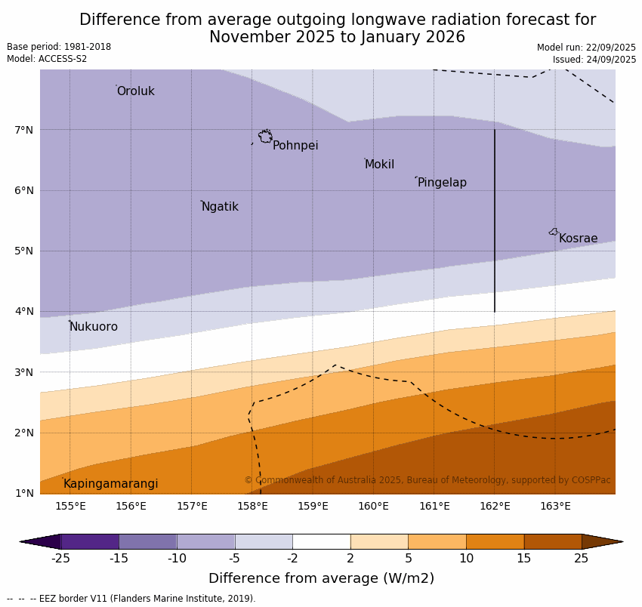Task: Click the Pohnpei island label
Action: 295,146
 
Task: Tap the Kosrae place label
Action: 578,239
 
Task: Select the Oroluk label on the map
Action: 136,91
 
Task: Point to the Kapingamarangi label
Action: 111,484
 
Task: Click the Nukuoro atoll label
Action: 94,327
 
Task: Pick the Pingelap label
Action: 442,183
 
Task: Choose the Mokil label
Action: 379,165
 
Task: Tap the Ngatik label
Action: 220,207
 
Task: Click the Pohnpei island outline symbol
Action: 265,137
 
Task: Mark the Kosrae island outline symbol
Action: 554,232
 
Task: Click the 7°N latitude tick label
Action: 24,130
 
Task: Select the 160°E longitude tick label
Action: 373,506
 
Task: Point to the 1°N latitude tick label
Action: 24,493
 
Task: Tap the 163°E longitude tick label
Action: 555,506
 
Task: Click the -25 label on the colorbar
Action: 60,559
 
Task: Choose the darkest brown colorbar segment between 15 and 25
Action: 553,541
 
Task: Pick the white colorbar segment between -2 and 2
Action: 321,541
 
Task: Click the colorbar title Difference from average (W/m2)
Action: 321,579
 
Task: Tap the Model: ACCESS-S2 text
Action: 47,59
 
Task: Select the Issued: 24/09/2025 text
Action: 594,60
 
